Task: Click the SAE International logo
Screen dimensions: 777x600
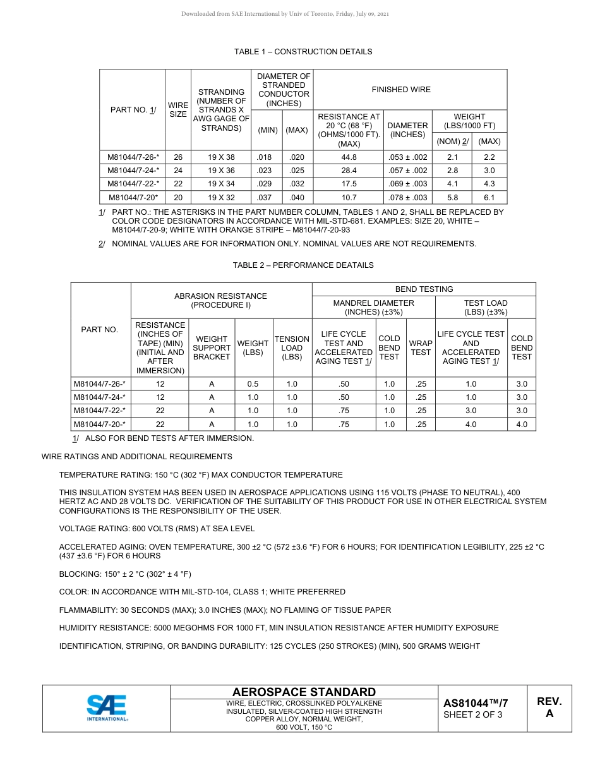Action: tap(107, 708)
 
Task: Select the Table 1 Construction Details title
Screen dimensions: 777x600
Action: tap(303, 52)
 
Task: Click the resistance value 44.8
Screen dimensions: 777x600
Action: tap(349, 157)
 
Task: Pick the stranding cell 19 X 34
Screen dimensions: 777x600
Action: tap(221, 184)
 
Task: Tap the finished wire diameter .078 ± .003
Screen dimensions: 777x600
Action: tap(407, 197)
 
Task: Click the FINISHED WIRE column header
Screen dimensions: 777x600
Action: tap(400, 90)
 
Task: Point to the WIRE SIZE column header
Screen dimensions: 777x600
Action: tap(177, 110)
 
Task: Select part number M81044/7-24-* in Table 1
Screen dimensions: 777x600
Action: tap(133, 171)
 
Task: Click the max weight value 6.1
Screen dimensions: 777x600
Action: tap(489, 197)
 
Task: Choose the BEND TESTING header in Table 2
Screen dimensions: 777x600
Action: tap(424, 289)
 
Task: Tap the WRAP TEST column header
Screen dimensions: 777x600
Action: tap(421, 348)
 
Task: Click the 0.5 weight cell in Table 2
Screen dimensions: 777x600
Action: tap(253, 384)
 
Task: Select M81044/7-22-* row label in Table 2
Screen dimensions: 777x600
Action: tap(100, 411)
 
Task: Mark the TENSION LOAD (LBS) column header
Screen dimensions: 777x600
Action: tap(292, 348)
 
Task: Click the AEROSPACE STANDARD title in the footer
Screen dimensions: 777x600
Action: tap(304, 692)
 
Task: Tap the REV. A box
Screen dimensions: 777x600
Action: tap(549, 708)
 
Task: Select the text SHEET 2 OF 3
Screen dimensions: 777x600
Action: tap(473, 714)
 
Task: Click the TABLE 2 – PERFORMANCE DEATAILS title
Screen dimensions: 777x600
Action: tap(303, 265)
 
